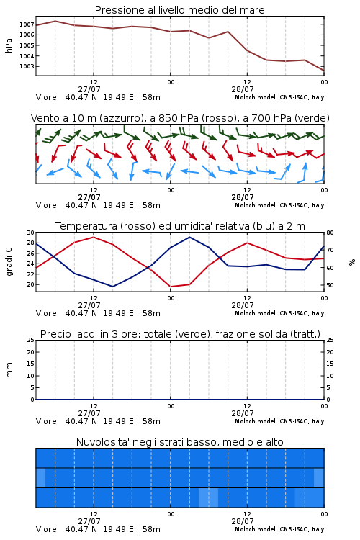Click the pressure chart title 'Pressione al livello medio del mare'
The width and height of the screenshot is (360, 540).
tap(179, 10)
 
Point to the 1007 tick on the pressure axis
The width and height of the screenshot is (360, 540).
tap(27, 24)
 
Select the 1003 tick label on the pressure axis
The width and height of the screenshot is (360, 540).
tap(27, 66)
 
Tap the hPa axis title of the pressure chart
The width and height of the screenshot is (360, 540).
tap(9, 45)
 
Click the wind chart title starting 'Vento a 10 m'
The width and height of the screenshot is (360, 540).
tap(180, 118)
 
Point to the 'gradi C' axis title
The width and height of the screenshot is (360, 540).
tap(9, 262)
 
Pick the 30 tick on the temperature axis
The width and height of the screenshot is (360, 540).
tap(31, 233)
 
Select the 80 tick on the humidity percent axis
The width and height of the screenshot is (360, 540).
tap(330, 233)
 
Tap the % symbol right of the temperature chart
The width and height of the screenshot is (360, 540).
tap(352, 262)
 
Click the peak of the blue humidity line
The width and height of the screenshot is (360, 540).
tap(189, 237)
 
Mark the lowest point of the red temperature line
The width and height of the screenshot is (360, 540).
tap(171, 287)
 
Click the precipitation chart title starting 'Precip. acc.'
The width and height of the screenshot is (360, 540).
tap(180, 334)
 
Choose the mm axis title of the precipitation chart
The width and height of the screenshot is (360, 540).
tap(9, 370)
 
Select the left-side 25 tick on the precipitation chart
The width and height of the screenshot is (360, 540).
tap(31, 340)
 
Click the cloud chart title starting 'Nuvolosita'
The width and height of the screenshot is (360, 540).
tap(179, 442)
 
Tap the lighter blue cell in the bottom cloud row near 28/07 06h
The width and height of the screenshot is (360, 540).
tap(208, 498)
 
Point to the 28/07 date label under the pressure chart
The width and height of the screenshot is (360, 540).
tap(243, 89)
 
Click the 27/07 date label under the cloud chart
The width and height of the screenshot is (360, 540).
tap(89, 521)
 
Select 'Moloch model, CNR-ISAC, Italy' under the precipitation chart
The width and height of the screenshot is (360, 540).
tap(279, 421)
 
